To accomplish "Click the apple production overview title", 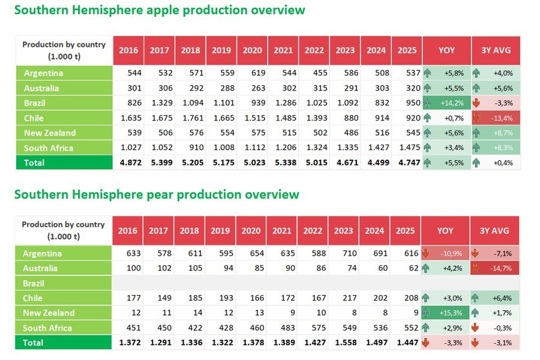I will pyautogui.click(x=159, y=10).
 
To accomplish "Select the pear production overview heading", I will pyautogui.click(x=156, y=194).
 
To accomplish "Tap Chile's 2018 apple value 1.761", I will pyautogui.click(x=190, y=118).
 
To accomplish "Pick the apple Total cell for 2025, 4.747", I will pyautogui.click(x=406, y=163).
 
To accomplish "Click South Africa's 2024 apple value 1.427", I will pyautogui.click(x=376, y=148).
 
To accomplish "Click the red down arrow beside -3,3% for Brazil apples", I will pyautogui.click(x=476, y=103).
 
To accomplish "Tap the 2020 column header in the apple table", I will pyautogui.click(x=252, y=50).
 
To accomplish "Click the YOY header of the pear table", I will pyautogui.click(x=445, y=230).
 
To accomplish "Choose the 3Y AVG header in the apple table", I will pyautogui.click(x=496, y=50).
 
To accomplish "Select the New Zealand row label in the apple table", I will pyautogui.click(x=50, y=133).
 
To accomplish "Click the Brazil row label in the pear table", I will pyautogui.click(x=34, y=283).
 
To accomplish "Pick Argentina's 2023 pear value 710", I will pyautogui.click(x=344, y=253).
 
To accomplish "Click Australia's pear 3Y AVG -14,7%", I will pyautogui.click(x=502, y=268).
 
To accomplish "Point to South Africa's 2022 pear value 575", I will pyautogui.click(x=313, y=328).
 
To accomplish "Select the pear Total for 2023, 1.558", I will pyautogui.click(x=344, y=343).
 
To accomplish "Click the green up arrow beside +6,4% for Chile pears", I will pyautogui.click(x=476, y=298).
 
